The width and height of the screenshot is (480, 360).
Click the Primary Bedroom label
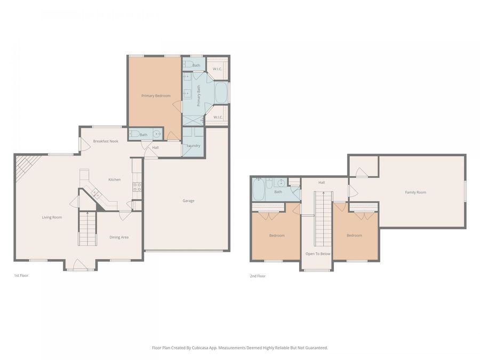(156, 96)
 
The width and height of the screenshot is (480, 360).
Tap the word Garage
(188, 201)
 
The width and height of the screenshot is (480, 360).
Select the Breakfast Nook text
(106, 141)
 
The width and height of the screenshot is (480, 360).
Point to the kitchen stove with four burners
(137, 187)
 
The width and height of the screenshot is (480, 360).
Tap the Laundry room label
(193, 146)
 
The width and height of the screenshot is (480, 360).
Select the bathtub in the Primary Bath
(221, 93)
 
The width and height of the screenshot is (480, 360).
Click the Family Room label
(415, 193)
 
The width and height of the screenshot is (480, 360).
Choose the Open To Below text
(318, 254)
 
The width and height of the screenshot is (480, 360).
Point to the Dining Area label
(119, 237)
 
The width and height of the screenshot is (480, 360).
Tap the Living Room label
(52, 218)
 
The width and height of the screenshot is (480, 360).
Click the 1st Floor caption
(21, 276)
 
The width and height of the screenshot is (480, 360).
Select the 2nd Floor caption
(258, 276)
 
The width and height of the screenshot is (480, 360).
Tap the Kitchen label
(115, 180)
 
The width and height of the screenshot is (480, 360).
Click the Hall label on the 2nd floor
(322, 182)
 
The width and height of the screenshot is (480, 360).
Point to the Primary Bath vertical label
(199, 96)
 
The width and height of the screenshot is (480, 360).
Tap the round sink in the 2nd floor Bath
(282, 183)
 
